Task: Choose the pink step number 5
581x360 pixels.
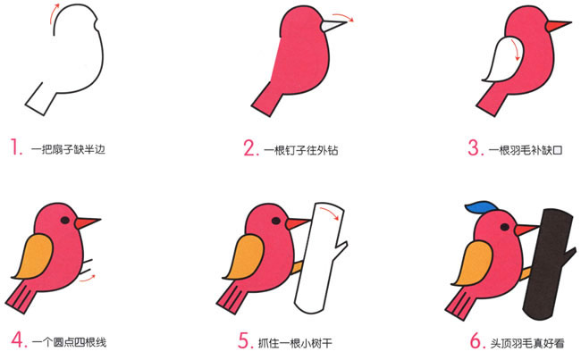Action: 249,339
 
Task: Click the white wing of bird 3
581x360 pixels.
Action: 499,68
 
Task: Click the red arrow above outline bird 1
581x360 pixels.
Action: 56,8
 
